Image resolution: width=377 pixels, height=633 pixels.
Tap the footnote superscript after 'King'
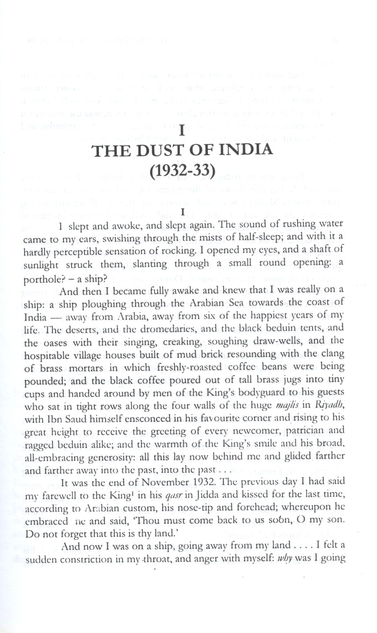click(x=123, y=493)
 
